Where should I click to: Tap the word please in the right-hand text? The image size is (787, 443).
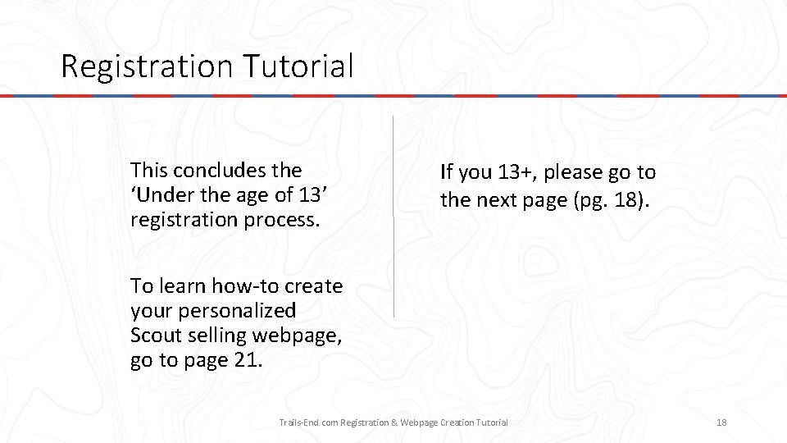pos(573,172)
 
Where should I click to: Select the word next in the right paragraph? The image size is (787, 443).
pos(496,200)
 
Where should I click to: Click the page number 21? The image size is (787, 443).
pos(243,360)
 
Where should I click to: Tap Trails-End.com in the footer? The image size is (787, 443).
pos(308,422)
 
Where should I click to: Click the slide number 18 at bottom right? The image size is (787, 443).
pos(721,422)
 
